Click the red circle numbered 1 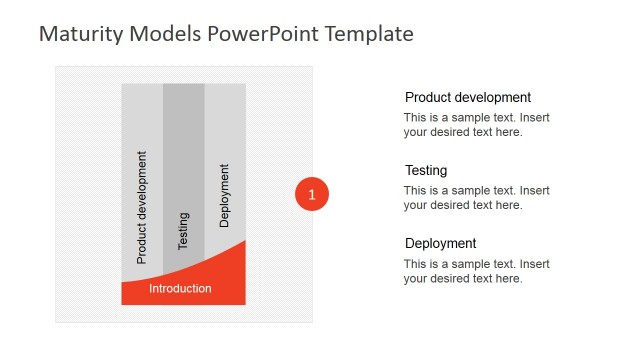pyautogui.click(x=312, y=194)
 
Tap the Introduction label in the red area pyautogui.click(x=180, y=288)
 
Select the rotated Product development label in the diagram pyautogui.click(x=141, y=207)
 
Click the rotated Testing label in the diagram pyautogui.click(x=183, y=230)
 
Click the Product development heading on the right pyautogui.click(x=467, y=98)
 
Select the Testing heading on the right pyautogui.click(x=426, y=171)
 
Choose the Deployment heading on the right pyautogui.click(x=440, y=244)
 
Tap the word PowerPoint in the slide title pyautogui.click(x=257, y=34)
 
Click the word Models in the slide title pyautogui.click(x=165, y=34)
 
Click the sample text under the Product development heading pyautogui.click(x=476, y=125)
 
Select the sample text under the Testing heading pyautogui.click(x=476, y=198)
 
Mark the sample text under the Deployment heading pyautogui.click(x=476, y=271)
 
